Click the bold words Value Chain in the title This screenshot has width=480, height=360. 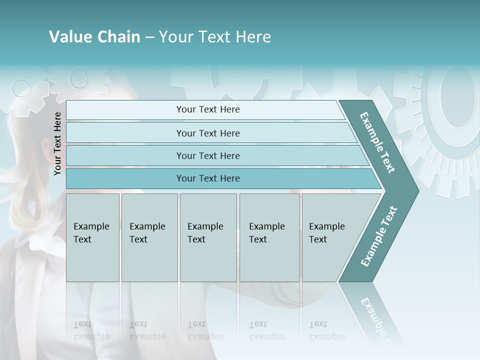(94, 37)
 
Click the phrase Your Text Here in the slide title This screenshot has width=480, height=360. (215, 37)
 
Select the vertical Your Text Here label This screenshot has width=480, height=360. (57, 143)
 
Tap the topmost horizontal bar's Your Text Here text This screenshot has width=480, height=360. (208, 109)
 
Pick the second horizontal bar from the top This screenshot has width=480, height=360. (208, 133)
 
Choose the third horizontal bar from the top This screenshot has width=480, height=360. (208, 155)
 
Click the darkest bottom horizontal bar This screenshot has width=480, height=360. (208, 178)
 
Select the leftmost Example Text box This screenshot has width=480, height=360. (92, 237)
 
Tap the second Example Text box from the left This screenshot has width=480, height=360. (149, 237)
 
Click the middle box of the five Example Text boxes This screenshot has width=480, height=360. (208, 237)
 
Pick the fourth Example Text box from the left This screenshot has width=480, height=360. (269, 237)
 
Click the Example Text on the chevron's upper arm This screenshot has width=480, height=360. (377, 142)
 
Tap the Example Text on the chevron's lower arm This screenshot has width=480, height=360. (378, 236)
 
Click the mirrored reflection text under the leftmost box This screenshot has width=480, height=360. (91, 330)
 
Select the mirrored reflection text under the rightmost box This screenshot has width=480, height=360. (326, 330)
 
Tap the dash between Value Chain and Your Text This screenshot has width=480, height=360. (149, 37)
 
